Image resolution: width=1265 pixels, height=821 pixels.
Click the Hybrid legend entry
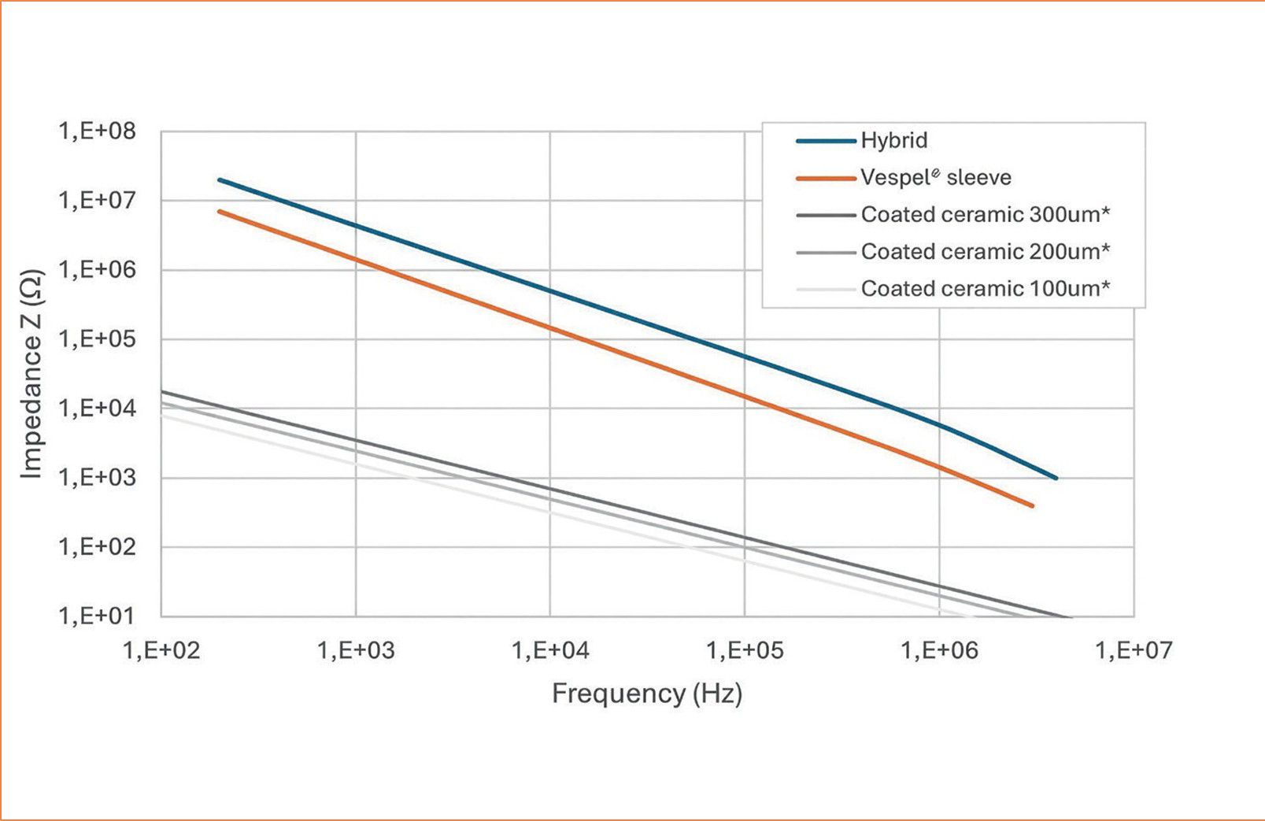[x=893, y=140]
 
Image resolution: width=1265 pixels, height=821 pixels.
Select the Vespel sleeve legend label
[x=935, y=177]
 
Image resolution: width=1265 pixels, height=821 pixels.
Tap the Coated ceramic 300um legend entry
[x=985, y=214]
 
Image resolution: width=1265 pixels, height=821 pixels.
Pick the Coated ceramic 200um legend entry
[x=985, y=251]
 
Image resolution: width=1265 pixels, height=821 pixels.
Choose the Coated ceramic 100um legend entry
[x=985, y=288]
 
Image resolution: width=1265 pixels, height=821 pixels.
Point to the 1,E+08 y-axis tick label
[x=97, y=131]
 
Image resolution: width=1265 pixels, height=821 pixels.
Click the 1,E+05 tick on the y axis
[x=97, y=338]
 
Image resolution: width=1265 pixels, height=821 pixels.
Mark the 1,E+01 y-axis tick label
[x=97, y=616]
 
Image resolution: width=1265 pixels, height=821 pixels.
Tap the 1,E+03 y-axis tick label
[x=97, y=477]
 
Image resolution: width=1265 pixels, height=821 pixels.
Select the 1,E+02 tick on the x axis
[x=161, y=650]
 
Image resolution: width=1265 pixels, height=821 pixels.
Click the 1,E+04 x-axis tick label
[x=550, y=650]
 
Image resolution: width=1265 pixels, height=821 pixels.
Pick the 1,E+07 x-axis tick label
[x=1134, y=650]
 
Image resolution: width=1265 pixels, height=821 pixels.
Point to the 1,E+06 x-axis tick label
[x=939, y=650]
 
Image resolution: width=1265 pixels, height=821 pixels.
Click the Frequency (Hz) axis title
[x=647, y=693]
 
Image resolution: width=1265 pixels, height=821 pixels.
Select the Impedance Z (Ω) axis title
[x=31, y=374]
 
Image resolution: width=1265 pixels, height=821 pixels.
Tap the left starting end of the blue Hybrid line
[x=220, y=179]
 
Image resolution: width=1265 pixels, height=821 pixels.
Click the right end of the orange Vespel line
[x=1032, y=506]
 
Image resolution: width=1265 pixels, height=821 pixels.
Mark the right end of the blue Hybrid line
[x=1056, y=478]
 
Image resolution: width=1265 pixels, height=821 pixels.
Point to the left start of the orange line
[x=220, y=211]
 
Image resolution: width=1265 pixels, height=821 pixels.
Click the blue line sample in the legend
[x=826, y=141]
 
